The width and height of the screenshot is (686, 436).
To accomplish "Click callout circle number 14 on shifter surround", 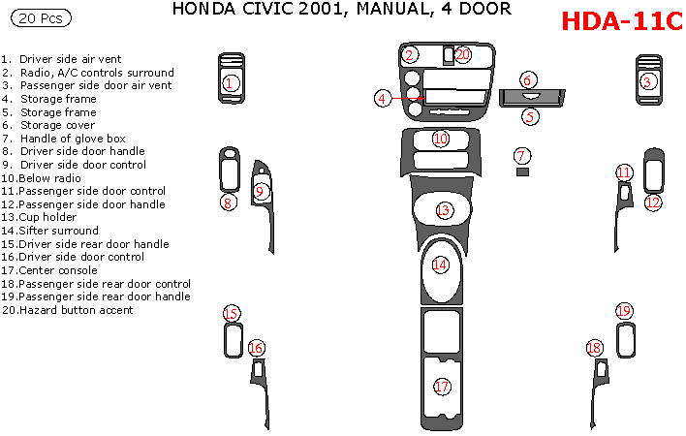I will [440, 264].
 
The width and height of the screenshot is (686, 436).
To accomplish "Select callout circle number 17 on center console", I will [443, 387].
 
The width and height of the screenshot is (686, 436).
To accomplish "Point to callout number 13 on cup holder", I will [444, 210].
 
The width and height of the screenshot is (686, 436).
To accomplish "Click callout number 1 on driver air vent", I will [229, 83].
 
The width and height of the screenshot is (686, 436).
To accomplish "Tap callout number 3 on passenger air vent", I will [647, 82].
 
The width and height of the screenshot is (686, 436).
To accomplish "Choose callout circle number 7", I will [521, 155].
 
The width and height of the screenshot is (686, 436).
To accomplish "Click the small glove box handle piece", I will [522, 171].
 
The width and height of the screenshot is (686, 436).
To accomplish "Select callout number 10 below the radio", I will [441, 139].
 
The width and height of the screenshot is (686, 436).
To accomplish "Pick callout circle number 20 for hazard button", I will [462, 55].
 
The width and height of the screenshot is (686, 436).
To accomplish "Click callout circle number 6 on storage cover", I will [527, 79].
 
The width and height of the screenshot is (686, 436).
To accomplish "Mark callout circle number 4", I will [384, 98].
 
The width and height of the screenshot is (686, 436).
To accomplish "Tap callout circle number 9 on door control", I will [261, 192].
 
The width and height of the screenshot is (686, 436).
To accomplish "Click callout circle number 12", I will [653, 202].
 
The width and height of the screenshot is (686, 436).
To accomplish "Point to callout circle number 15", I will [232, 313].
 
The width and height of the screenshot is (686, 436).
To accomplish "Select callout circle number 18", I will [595, 348].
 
